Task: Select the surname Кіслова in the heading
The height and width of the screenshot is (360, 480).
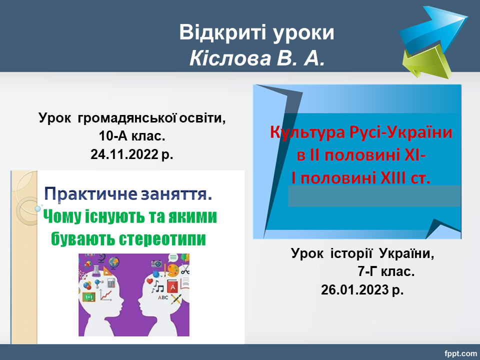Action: point(230,58)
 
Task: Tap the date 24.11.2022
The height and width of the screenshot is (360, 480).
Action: point(124,154)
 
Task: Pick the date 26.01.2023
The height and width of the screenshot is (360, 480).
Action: point(354,289)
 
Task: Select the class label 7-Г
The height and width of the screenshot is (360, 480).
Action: point(367,271)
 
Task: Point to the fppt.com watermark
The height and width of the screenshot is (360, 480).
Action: point(460,353)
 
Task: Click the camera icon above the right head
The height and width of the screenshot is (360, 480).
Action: point(156,263)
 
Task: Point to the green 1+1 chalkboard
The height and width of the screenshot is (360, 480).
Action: point(89,296)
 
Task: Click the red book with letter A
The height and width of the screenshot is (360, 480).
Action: point(172,287)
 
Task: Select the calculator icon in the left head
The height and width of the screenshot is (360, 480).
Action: point(111,283)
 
